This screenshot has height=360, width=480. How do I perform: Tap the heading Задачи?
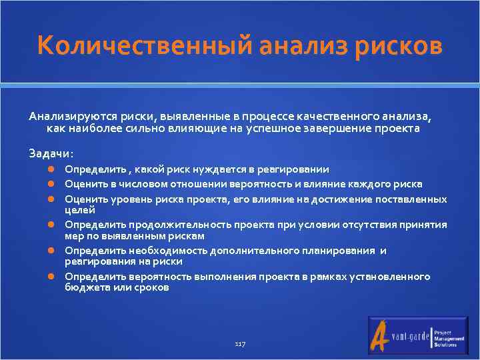tap(51, 153)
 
